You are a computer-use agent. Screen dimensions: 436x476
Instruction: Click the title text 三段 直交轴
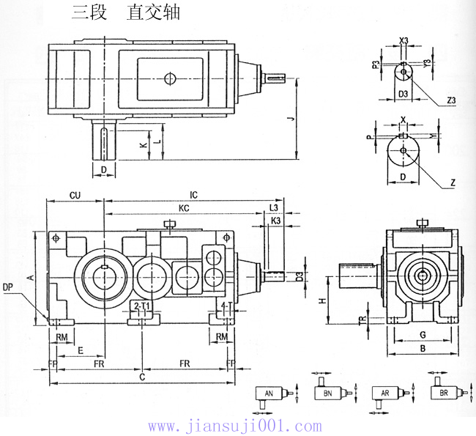[x=125, y=13]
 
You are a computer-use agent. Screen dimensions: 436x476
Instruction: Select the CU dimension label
[x=75, y=196]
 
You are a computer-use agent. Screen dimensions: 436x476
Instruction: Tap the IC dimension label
[x=193, y=196]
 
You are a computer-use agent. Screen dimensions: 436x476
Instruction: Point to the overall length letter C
[x=142, y=377]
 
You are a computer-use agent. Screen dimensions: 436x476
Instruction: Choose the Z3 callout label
[x=450, y=100]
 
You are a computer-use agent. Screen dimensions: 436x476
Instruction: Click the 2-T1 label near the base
[x=141, y=305]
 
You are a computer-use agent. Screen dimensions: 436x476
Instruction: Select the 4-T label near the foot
[x=227, y=305]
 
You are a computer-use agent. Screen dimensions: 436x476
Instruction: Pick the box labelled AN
[x=269, y=394]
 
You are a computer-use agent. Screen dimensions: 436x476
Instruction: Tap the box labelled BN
[x=327, y=394]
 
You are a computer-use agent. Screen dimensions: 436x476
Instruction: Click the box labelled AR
[x=384, y=394]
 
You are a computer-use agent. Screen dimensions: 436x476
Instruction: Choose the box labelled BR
[x=443, y=394]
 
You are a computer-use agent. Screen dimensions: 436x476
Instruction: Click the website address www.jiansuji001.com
[x=234, y=426]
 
